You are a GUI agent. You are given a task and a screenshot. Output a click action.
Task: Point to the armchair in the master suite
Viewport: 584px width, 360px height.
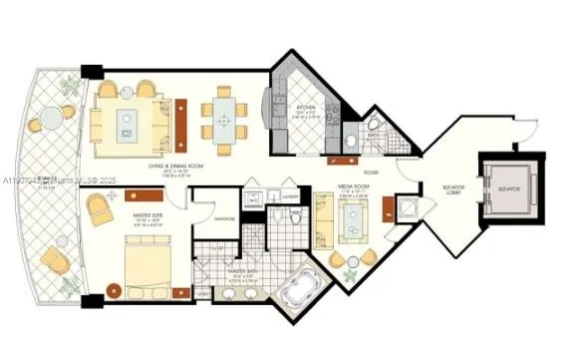101,210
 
